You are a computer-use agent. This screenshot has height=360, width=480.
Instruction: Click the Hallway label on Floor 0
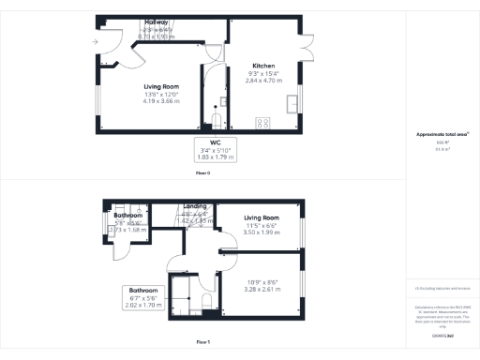pos(157,22)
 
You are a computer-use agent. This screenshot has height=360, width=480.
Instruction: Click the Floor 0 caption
pos(202,174)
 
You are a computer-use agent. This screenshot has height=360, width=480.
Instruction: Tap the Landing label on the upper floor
pos(195,206)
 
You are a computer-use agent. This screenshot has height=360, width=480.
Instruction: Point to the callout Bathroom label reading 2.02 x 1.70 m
pos(144,291)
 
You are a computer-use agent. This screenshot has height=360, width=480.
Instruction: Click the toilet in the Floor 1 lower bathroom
pos(205,300)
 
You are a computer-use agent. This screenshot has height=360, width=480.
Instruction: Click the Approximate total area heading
pos(441,134)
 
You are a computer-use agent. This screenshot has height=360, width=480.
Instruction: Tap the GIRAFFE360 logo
pos(441,335)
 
